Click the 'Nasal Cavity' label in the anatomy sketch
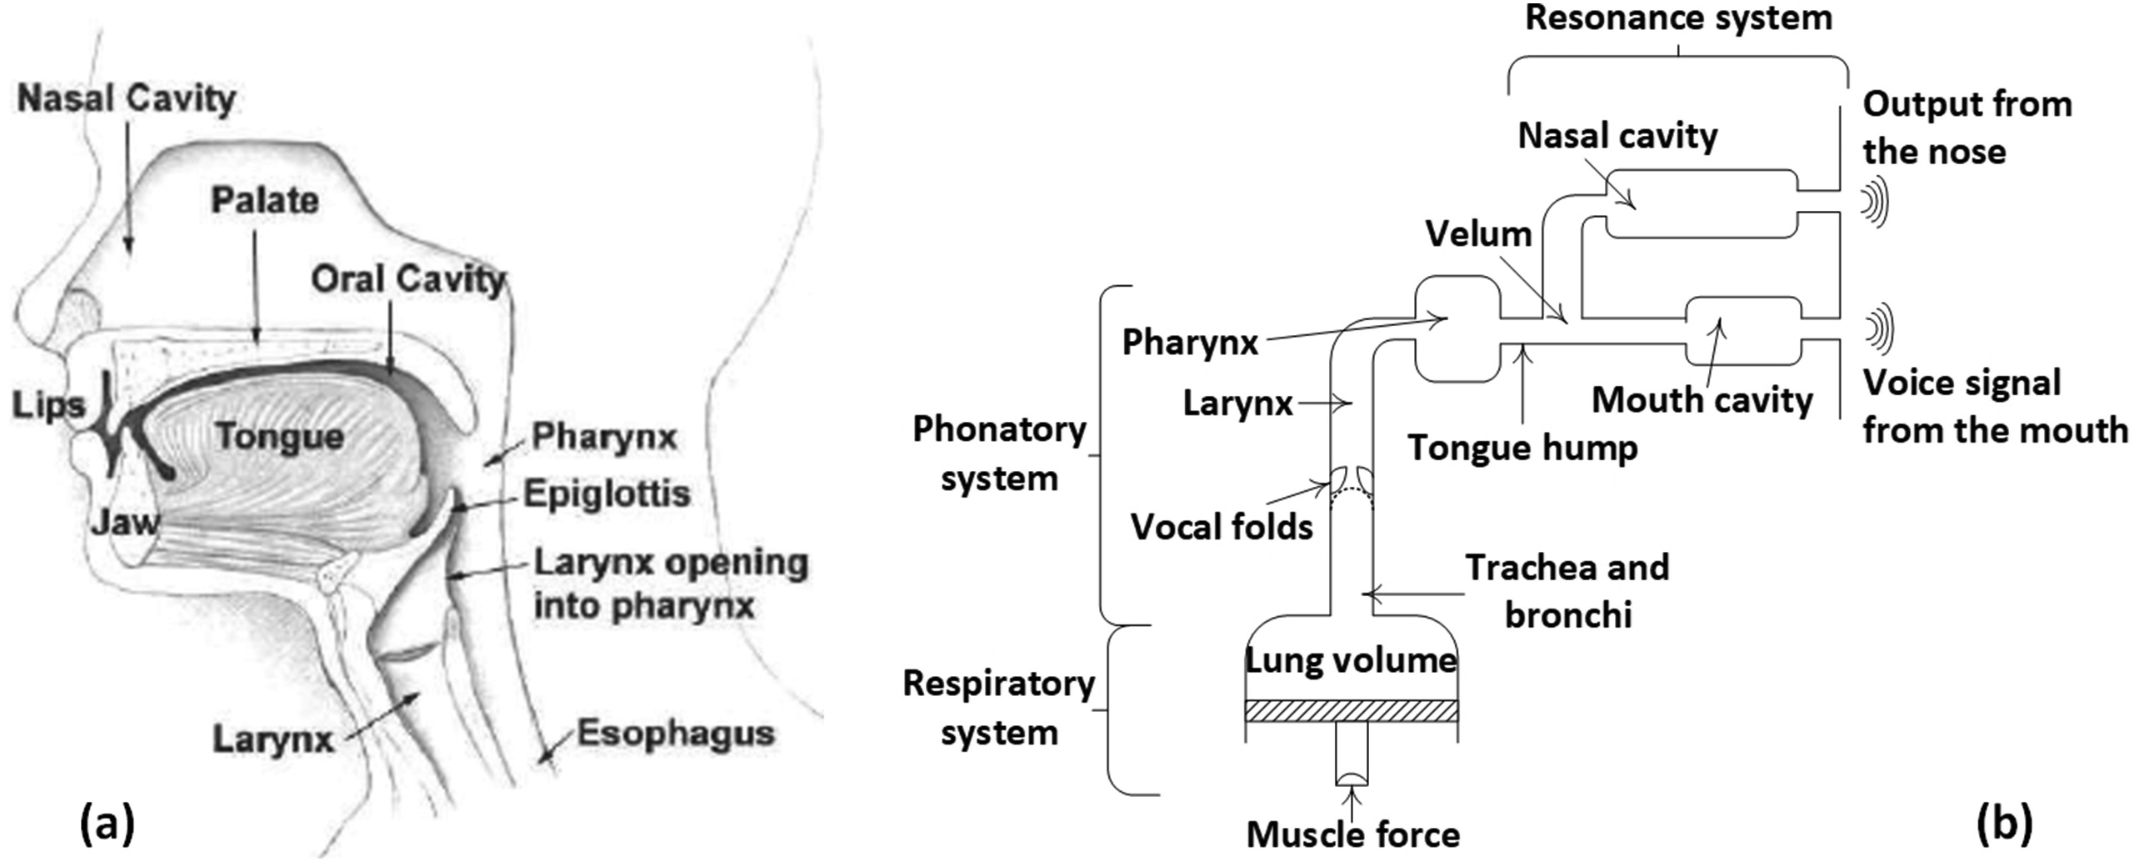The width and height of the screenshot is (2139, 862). [127, 98]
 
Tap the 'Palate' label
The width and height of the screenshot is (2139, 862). [264, 200]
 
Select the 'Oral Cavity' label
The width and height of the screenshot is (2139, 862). [408, 279]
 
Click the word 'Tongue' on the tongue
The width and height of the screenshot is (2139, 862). [279, 437]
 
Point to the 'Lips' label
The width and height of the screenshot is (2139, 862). [48, 405]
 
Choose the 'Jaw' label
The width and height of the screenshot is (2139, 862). [124, 523]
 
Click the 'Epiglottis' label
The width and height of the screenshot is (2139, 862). [607, 494]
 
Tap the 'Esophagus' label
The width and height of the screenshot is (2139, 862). [676, 734]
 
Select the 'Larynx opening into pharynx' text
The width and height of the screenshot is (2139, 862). [670, 584]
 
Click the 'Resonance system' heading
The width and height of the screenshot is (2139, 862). [1678, 18]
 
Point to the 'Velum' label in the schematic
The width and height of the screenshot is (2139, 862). [1478, 234]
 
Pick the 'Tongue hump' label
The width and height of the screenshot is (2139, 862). [1522, 448]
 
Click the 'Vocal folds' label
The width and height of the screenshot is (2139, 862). [1221, 527]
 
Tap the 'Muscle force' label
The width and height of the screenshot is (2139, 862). [1352, 834]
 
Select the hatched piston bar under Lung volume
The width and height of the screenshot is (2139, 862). [1351, 710]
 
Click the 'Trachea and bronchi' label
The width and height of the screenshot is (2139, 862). [1567, 590]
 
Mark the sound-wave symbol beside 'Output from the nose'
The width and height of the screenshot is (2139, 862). [1874, 203]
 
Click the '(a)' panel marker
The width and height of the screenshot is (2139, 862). [107, 824]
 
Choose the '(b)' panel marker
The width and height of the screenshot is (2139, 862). [2004, 824]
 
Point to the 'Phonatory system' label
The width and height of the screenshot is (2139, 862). [999, 454]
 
